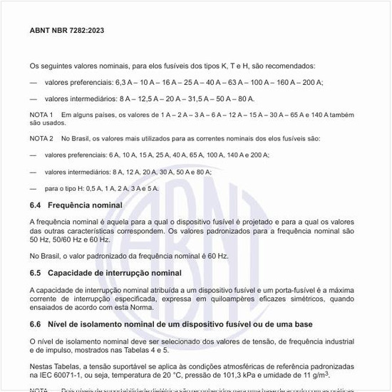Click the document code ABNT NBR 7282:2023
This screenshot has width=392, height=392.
pos(67,31)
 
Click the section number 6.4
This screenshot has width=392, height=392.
pos(36,205)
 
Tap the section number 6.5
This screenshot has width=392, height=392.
pos(36,273)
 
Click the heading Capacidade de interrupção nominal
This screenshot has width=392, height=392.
pos(115,273)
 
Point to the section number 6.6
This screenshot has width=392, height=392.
pos(36,324)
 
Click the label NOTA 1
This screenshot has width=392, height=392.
pos(41,115)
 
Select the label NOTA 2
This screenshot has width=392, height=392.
pos(41,138)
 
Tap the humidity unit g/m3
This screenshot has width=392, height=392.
pos(321,374)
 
